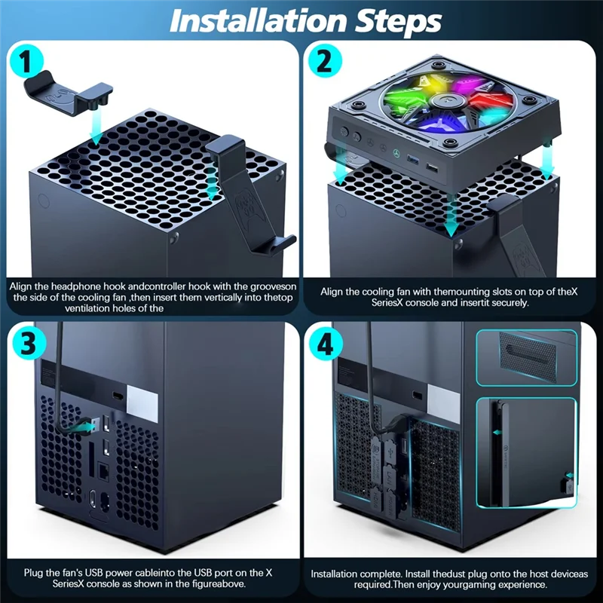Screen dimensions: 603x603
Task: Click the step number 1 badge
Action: coord(26,61)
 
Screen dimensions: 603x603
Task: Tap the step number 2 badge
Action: coord(324,61)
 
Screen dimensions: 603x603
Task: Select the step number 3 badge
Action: coord(28,343)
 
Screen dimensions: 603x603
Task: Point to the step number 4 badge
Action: coord(326,344)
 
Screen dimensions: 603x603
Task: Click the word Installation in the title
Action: coord(258,21)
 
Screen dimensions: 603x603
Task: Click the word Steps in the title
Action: coord(398,22)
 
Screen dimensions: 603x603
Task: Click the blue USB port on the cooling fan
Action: coord(412,158)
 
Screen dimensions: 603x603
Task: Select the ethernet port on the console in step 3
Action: coord(103,470)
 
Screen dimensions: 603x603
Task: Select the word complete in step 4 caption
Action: coord(381,574)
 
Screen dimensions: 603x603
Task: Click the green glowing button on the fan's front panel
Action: coord(396,153)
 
